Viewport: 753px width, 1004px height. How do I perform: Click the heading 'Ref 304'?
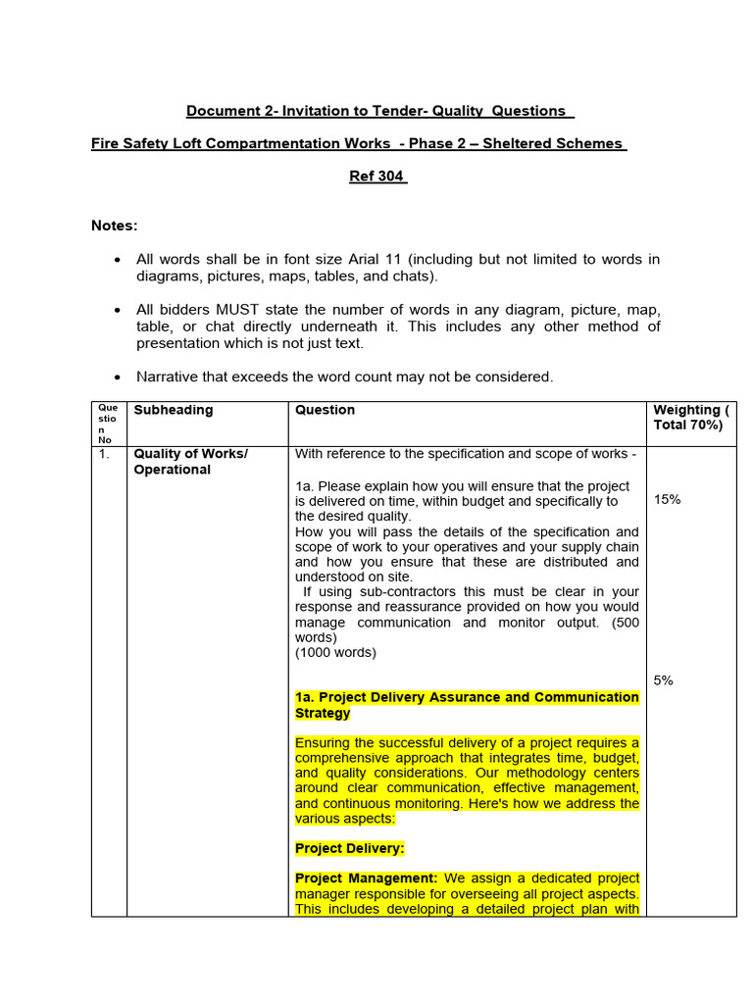[x=377, y=176]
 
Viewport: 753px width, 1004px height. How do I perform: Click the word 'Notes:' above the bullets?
[x=115, y=226]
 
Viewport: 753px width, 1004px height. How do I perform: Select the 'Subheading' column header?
[x=173, y=410]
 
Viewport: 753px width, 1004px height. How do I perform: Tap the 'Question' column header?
[x=325, y=410]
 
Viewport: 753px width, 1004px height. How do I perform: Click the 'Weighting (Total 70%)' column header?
[x=691, y=417]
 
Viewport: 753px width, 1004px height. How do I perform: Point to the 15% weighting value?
[x=667, y=499]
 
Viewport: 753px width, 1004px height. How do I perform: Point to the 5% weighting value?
[x=664, y=679]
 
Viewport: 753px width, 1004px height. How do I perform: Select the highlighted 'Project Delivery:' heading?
[x=350, y=848]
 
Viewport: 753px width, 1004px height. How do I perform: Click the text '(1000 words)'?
[x=335, y=652]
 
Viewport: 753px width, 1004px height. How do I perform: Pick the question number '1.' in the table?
[x=104, y=454]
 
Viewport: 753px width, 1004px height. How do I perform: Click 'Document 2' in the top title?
[x=226, y=111]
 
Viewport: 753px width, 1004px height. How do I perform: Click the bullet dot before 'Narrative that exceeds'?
[x=118, y=377]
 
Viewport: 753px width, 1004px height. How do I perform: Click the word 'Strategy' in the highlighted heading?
[x=323, y=713]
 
